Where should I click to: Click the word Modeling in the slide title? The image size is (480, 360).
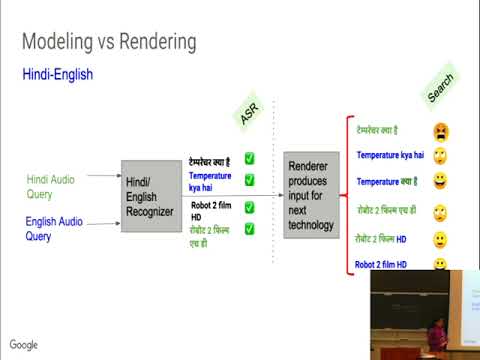pos(59,41)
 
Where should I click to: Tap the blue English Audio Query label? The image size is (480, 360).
pos(55,230)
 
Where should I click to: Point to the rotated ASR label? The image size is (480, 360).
pos(250,111)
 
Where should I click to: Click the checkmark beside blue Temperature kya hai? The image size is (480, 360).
pos(249,180)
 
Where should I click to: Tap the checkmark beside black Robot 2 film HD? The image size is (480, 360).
pos(249,208)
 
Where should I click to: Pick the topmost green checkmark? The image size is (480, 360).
pos(249,158)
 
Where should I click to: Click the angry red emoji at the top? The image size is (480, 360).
pos(440,130)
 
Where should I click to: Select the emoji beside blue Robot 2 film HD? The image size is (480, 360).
pos(439,265)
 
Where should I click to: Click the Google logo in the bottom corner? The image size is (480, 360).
pos(24,345)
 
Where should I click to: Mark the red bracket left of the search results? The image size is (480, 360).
pos(343,196)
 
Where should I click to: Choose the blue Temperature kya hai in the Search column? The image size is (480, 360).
pos(390,155)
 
